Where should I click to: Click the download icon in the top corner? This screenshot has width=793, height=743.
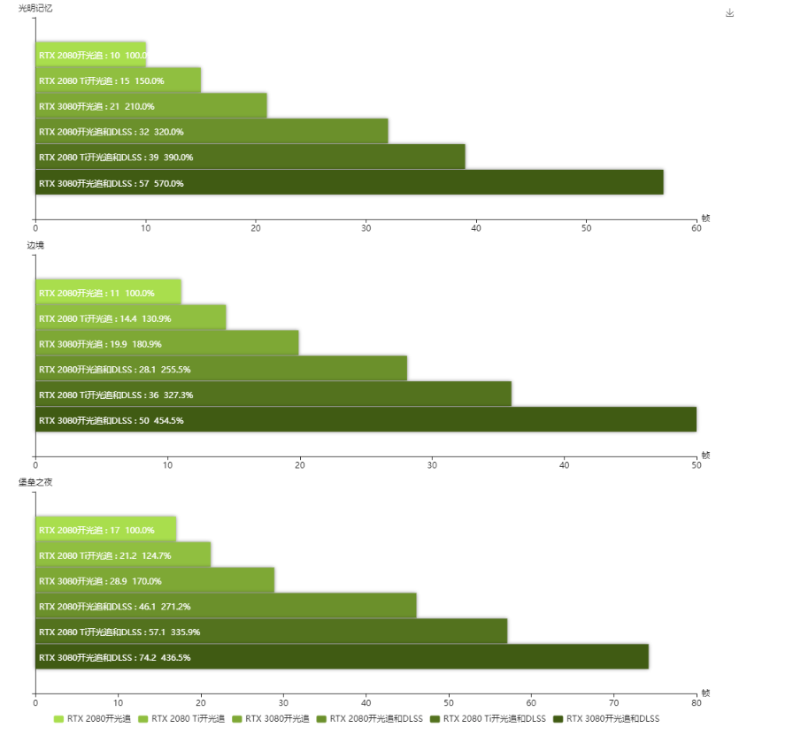[x=730, y=12]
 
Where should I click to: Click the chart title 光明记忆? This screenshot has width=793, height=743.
[x=35, y=8]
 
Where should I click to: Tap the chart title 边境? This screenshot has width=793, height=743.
[x=35, y=245]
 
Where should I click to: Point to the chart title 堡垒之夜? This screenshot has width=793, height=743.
[x=35, y=482]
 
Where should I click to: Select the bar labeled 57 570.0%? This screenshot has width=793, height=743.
[x=349, y=183]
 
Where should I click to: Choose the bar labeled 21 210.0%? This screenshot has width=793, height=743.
[x=150, y=106]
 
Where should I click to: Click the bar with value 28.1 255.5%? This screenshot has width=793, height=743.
[x=221, y=369]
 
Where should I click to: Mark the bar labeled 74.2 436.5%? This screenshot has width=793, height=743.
[x=342, y=657]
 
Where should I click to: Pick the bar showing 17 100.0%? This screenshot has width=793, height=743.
[x=105, y=530]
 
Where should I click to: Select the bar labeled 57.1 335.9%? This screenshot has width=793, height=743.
[x=271, y=632]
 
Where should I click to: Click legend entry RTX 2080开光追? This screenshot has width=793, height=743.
[x=92, y=719]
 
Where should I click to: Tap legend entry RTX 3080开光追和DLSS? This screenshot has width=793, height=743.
[x=605, y=719]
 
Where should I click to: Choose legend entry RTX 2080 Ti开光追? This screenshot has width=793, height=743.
[x=181, y=719]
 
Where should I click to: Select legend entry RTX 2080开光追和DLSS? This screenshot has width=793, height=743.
[x=371, y=719]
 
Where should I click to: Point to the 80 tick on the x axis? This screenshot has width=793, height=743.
[x=696, y=703]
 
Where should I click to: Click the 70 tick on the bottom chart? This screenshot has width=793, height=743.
[x=613, y=703]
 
